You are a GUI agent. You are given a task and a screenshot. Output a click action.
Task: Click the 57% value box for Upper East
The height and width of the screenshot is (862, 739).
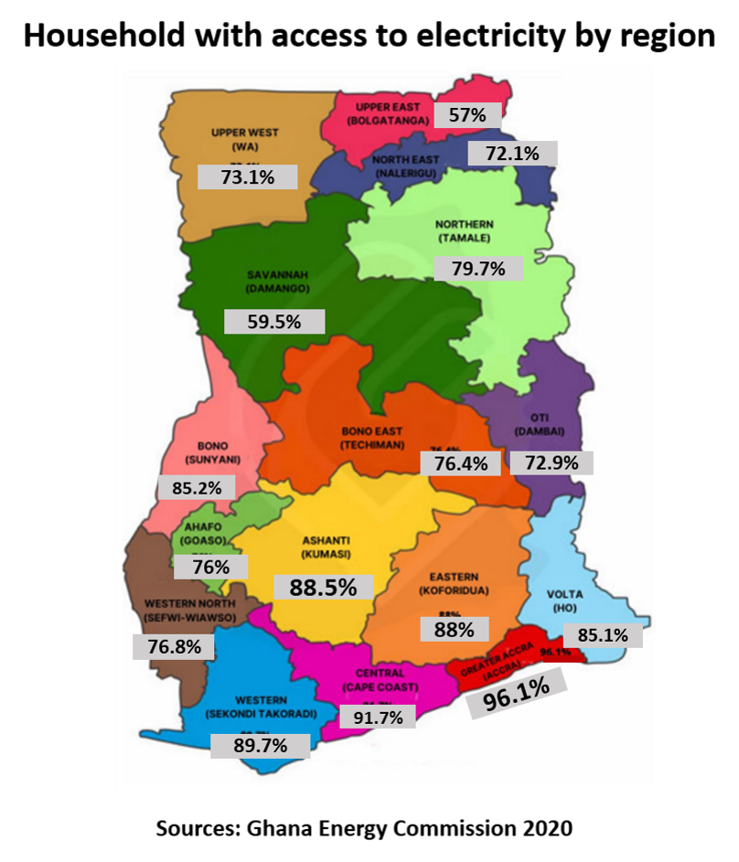pos(467,115)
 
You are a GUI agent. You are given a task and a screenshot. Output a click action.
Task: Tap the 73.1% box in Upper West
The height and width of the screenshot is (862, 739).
pos(247,177)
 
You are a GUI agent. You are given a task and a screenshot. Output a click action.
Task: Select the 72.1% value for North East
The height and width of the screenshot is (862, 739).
pos(512,154)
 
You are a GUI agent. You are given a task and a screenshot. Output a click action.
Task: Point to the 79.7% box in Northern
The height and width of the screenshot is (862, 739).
pos(478,269)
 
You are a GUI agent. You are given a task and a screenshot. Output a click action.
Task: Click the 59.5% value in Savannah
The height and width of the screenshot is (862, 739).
pos(274,322)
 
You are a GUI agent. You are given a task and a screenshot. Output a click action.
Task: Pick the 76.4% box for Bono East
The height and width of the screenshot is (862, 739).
pos(460,463)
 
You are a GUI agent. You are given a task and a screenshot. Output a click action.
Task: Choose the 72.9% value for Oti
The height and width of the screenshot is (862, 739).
pos(551,463)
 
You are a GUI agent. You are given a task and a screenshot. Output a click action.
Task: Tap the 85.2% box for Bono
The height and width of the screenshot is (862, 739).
pos(197,488)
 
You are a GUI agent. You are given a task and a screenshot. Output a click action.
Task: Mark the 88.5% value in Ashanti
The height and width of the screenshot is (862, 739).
pos(323,588)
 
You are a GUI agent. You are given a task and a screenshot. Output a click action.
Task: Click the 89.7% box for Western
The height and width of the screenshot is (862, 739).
pos(260,746)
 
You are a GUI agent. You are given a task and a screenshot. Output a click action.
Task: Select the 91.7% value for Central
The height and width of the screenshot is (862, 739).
pos(378,718)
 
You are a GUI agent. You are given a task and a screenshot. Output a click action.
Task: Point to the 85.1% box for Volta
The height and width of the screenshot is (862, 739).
pos(602,635)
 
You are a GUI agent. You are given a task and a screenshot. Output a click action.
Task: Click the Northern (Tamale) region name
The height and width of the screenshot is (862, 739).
pos(464,231)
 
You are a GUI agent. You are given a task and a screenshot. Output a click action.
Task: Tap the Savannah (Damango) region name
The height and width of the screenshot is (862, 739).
pos(277,281)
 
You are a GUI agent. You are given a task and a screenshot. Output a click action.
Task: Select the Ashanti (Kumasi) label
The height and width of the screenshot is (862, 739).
pos(326,547)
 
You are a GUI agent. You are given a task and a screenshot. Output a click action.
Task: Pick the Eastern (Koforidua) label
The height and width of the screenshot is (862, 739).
pos(454,584)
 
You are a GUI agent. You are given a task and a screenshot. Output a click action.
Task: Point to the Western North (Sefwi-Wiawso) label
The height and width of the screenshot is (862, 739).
pos(190,611)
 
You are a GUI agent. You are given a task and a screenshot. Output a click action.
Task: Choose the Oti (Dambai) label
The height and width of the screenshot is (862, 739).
pos(540,424)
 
